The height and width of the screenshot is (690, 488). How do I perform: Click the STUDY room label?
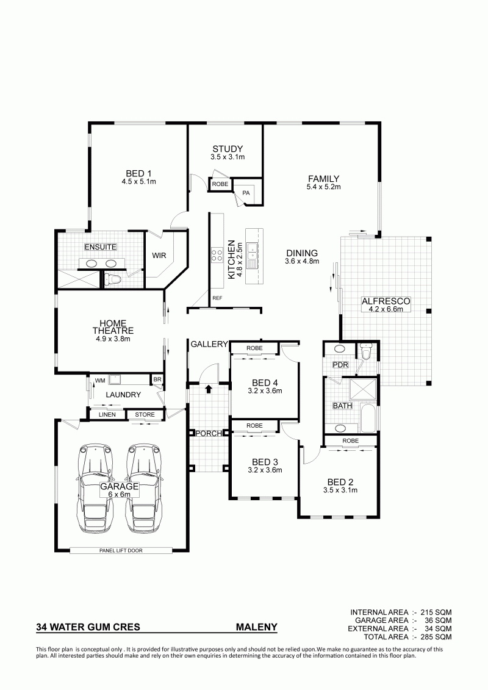pos(228,149)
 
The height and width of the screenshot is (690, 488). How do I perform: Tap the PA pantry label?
pos(246,192)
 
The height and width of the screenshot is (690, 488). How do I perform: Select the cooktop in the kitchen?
pos(217,255)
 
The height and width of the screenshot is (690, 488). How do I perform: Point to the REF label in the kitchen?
pos(217,298)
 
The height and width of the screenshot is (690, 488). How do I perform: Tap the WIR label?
pos(159,255)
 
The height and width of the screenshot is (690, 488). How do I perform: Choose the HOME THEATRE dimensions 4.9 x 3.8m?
pos(113,339)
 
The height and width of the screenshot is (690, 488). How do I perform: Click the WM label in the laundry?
pos(99,379)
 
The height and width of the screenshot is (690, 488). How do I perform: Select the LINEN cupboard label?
pos(107,414)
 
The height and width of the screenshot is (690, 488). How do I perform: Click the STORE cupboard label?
pos(145,414)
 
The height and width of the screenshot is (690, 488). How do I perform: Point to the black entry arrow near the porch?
pos(208,389)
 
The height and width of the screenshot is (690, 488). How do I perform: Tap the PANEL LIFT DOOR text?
pos(121,550)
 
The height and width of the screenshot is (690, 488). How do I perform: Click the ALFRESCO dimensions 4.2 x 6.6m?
pos(386,309)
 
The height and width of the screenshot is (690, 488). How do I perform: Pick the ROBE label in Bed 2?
pos(350,440)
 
